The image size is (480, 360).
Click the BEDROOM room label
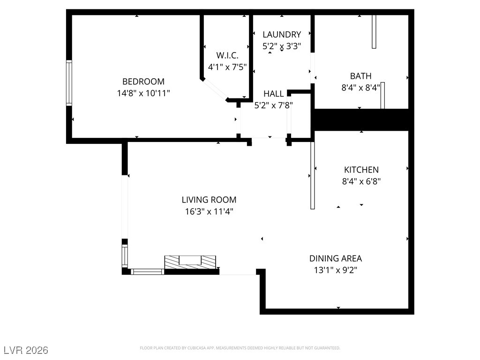coord(143,82)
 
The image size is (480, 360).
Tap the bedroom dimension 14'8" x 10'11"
coord(143,93)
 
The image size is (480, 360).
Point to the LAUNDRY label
coord(281,34)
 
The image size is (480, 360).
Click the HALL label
coord(273,94)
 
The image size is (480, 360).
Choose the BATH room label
coord(360,76)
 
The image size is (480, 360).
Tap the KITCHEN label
coord(361,170)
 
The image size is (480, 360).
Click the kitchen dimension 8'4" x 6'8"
coord(361,181)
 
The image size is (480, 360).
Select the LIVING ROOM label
coord(209,200)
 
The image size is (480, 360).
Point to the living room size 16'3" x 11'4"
coord(209,211)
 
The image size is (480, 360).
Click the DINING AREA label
coord(335,258)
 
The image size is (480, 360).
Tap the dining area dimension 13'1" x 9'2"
coord(335,270)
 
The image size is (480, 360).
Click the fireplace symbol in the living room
coord(190,262)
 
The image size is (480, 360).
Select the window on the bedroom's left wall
coord(69,82)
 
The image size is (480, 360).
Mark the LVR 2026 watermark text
coord(26,350)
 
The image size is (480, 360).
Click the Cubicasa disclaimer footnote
coord(240,348)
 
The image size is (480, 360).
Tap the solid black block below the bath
coord(360,120)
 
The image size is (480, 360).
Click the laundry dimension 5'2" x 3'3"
coord(281,46)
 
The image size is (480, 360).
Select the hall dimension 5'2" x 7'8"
coord(273,105)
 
